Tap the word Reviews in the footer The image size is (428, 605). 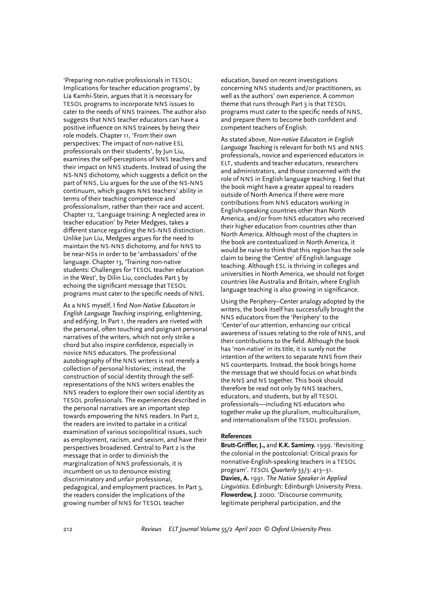151,529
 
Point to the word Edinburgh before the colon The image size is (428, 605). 266,486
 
